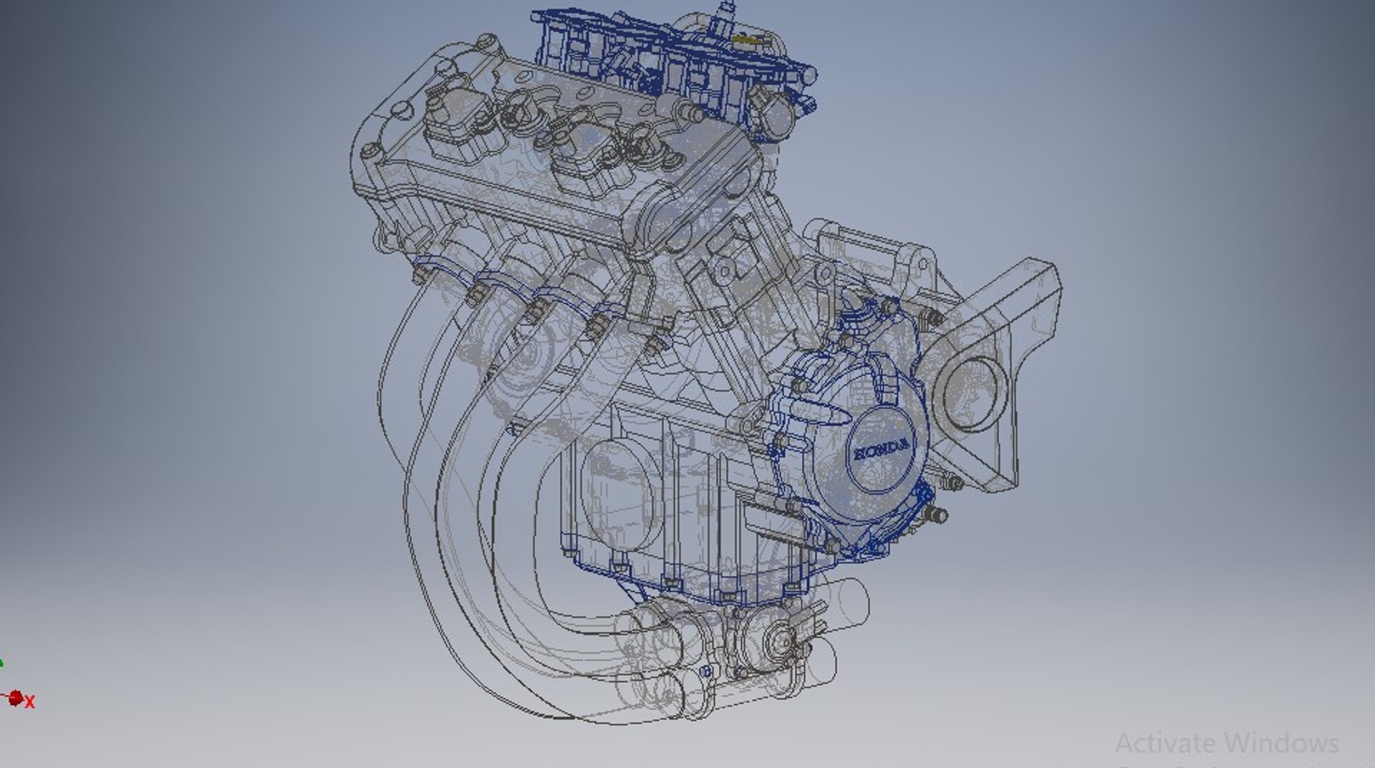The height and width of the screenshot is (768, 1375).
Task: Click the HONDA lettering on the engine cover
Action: (x=882, y=450)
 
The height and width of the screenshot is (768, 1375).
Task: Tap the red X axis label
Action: (x=29, y=702)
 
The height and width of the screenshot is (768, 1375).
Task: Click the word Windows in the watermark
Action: (x=1282, y=743)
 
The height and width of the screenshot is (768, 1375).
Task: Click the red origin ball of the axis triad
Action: (x=15, y=697)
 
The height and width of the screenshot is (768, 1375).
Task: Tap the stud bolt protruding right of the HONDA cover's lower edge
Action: (x=938, y=514)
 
